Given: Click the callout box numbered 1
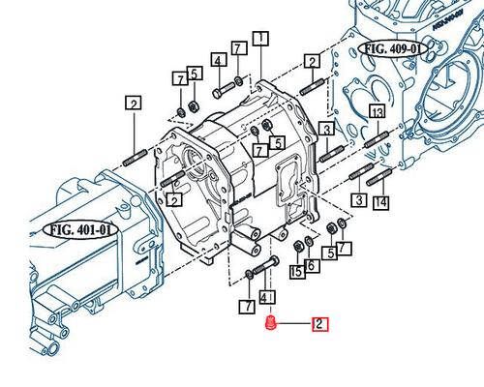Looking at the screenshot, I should pyautogui.click(x=260, y=39).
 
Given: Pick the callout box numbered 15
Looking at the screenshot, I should pyautogui.click(x=298, y=272).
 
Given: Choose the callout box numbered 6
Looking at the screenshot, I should pyautogui.click(x=311, y=265).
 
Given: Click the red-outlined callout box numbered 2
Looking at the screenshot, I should pyautogui.click(x=318, y=324).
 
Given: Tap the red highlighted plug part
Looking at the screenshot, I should pyautogui.click(x=272, y=323).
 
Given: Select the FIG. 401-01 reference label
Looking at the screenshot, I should pyautogui.click(x=80, y=230).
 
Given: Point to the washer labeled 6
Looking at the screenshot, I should pyautogui.click(x=309, y=241).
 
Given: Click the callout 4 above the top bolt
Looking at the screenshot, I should pyautogui.click(x=218, y=62).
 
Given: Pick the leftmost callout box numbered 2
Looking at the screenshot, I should pyautogui.click(x=134, y=103).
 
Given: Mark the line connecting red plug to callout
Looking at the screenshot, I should pyautogui.click(x=294, y=324).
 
